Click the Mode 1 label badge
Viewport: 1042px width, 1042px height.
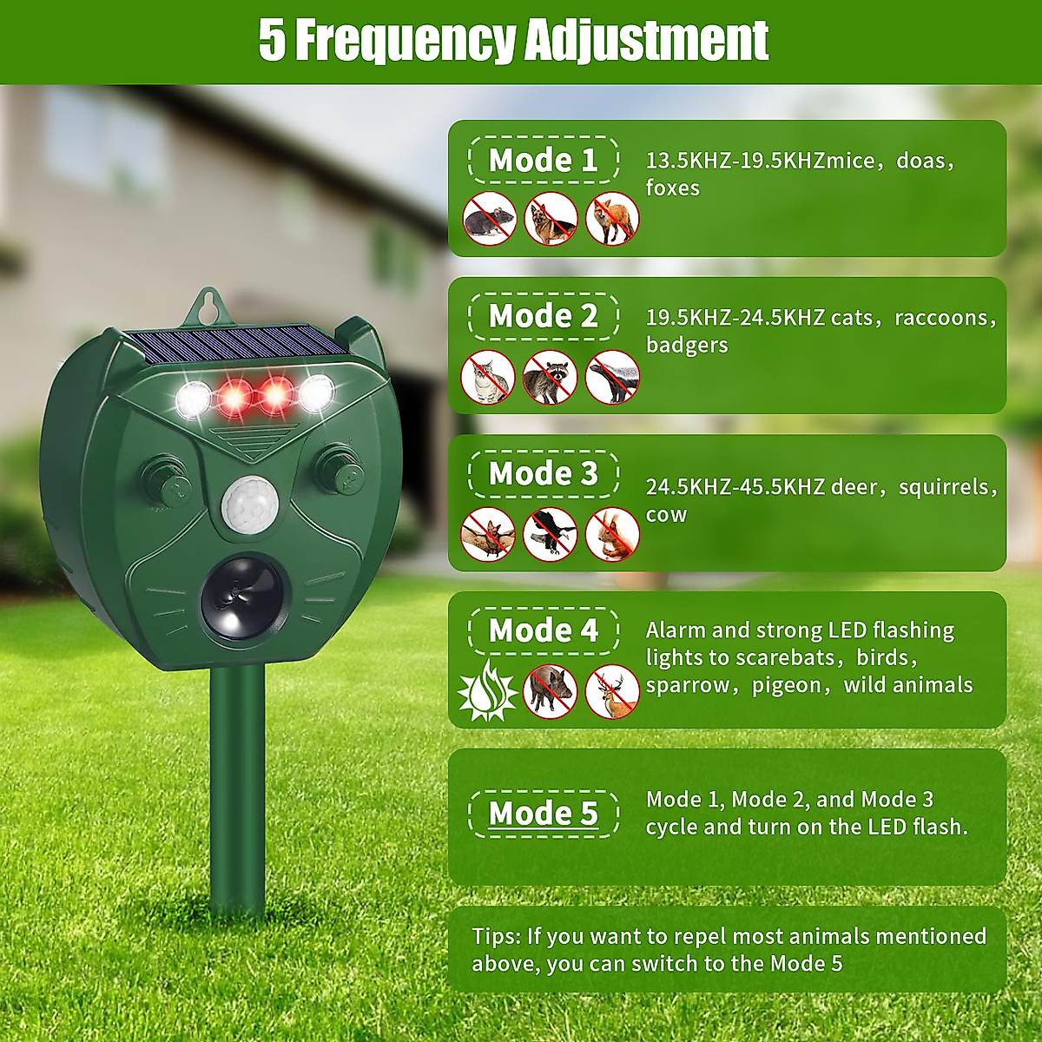point(544,161)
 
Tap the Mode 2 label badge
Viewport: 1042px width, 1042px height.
point(544,317)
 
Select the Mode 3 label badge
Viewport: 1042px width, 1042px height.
point(544,474)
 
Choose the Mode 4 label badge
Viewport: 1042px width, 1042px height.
point(544,631)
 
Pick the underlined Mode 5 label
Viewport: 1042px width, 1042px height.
point(544,814)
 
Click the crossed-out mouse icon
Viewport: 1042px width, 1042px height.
point(489,219)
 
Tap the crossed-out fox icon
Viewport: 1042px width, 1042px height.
point(612,219)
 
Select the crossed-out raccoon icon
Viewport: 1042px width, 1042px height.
point(551,377)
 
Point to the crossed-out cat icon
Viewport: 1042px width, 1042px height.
point(489,377)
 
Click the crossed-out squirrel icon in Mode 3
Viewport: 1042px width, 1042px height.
point(612,534)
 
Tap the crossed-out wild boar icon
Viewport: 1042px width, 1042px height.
point(551,691)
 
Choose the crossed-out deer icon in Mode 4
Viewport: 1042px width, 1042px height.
point(612,691)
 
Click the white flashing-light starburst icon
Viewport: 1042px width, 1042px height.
point(487,691)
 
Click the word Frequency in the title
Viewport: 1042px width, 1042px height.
point(405,40)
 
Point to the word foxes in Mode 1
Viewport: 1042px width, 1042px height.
point(672,188)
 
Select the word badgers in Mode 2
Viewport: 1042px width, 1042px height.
point(687,346)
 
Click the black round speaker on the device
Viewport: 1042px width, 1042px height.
point(243,597)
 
